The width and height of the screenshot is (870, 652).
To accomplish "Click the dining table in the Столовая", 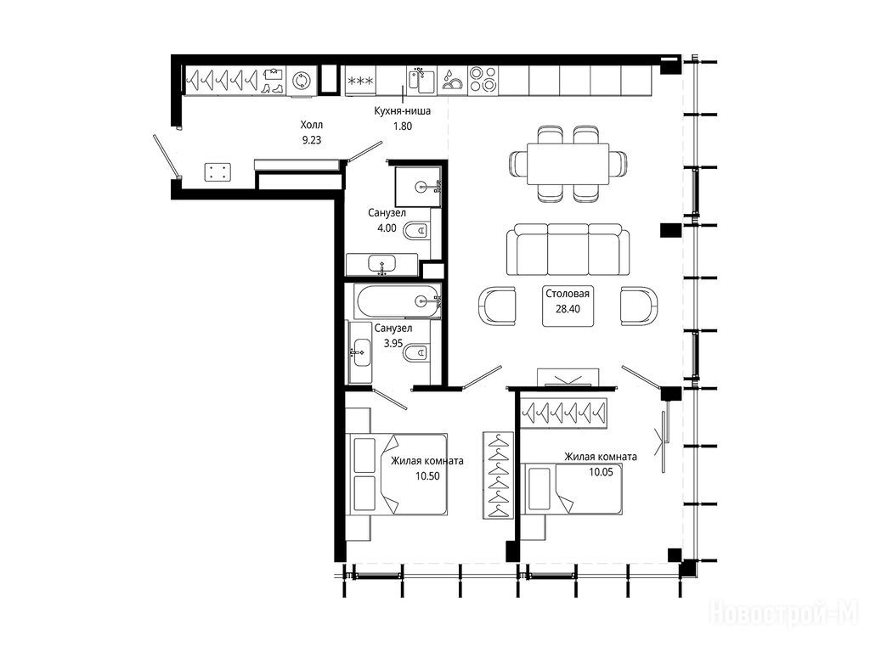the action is pyautogui.click(x=568, y=164).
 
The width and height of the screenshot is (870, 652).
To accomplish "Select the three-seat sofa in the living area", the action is pyautogui.click(x=568, y=250).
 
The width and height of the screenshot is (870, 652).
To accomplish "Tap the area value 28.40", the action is pyautogui.click(x=568, y=309).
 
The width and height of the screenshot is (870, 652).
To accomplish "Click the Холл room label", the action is pyautogui.click(x=311, y=125).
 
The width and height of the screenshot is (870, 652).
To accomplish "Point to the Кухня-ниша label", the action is pyautogui.click(x=402, y=111).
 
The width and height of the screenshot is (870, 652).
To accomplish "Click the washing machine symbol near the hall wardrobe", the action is pyautogui.click(x=302, y=81).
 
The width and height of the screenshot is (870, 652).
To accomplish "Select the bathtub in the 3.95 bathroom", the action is pyautogui.click(x=398, y=301).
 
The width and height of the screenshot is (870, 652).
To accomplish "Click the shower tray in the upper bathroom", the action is pyautogui.click(x=419, y=186).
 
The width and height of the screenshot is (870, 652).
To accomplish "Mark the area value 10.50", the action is pyautogui.click(x=427, y=475).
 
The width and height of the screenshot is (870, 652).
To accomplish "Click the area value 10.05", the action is pyautogui.click(x=601, y=472).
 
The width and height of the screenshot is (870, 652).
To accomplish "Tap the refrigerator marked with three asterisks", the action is pyautogui.click(x=360, y=81).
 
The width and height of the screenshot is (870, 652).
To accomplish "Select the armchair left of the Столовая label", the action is pyautogui.click(x=497, y=306).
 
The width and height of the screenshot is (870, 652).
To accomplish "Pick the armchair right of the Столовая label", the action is pyautogui.click(x=639, y=306).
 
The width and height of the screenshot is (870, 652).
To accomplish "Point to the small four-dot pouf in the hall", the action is pyautogui.click(x=217, y=171).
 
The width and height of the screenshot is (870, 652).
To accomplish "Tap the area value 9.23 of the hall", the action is pyautogui.click(x=311, y=140).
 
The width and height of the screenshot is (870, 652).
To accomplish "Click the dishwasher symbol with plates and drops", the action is pyautogui.click(x=453, y=81).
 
